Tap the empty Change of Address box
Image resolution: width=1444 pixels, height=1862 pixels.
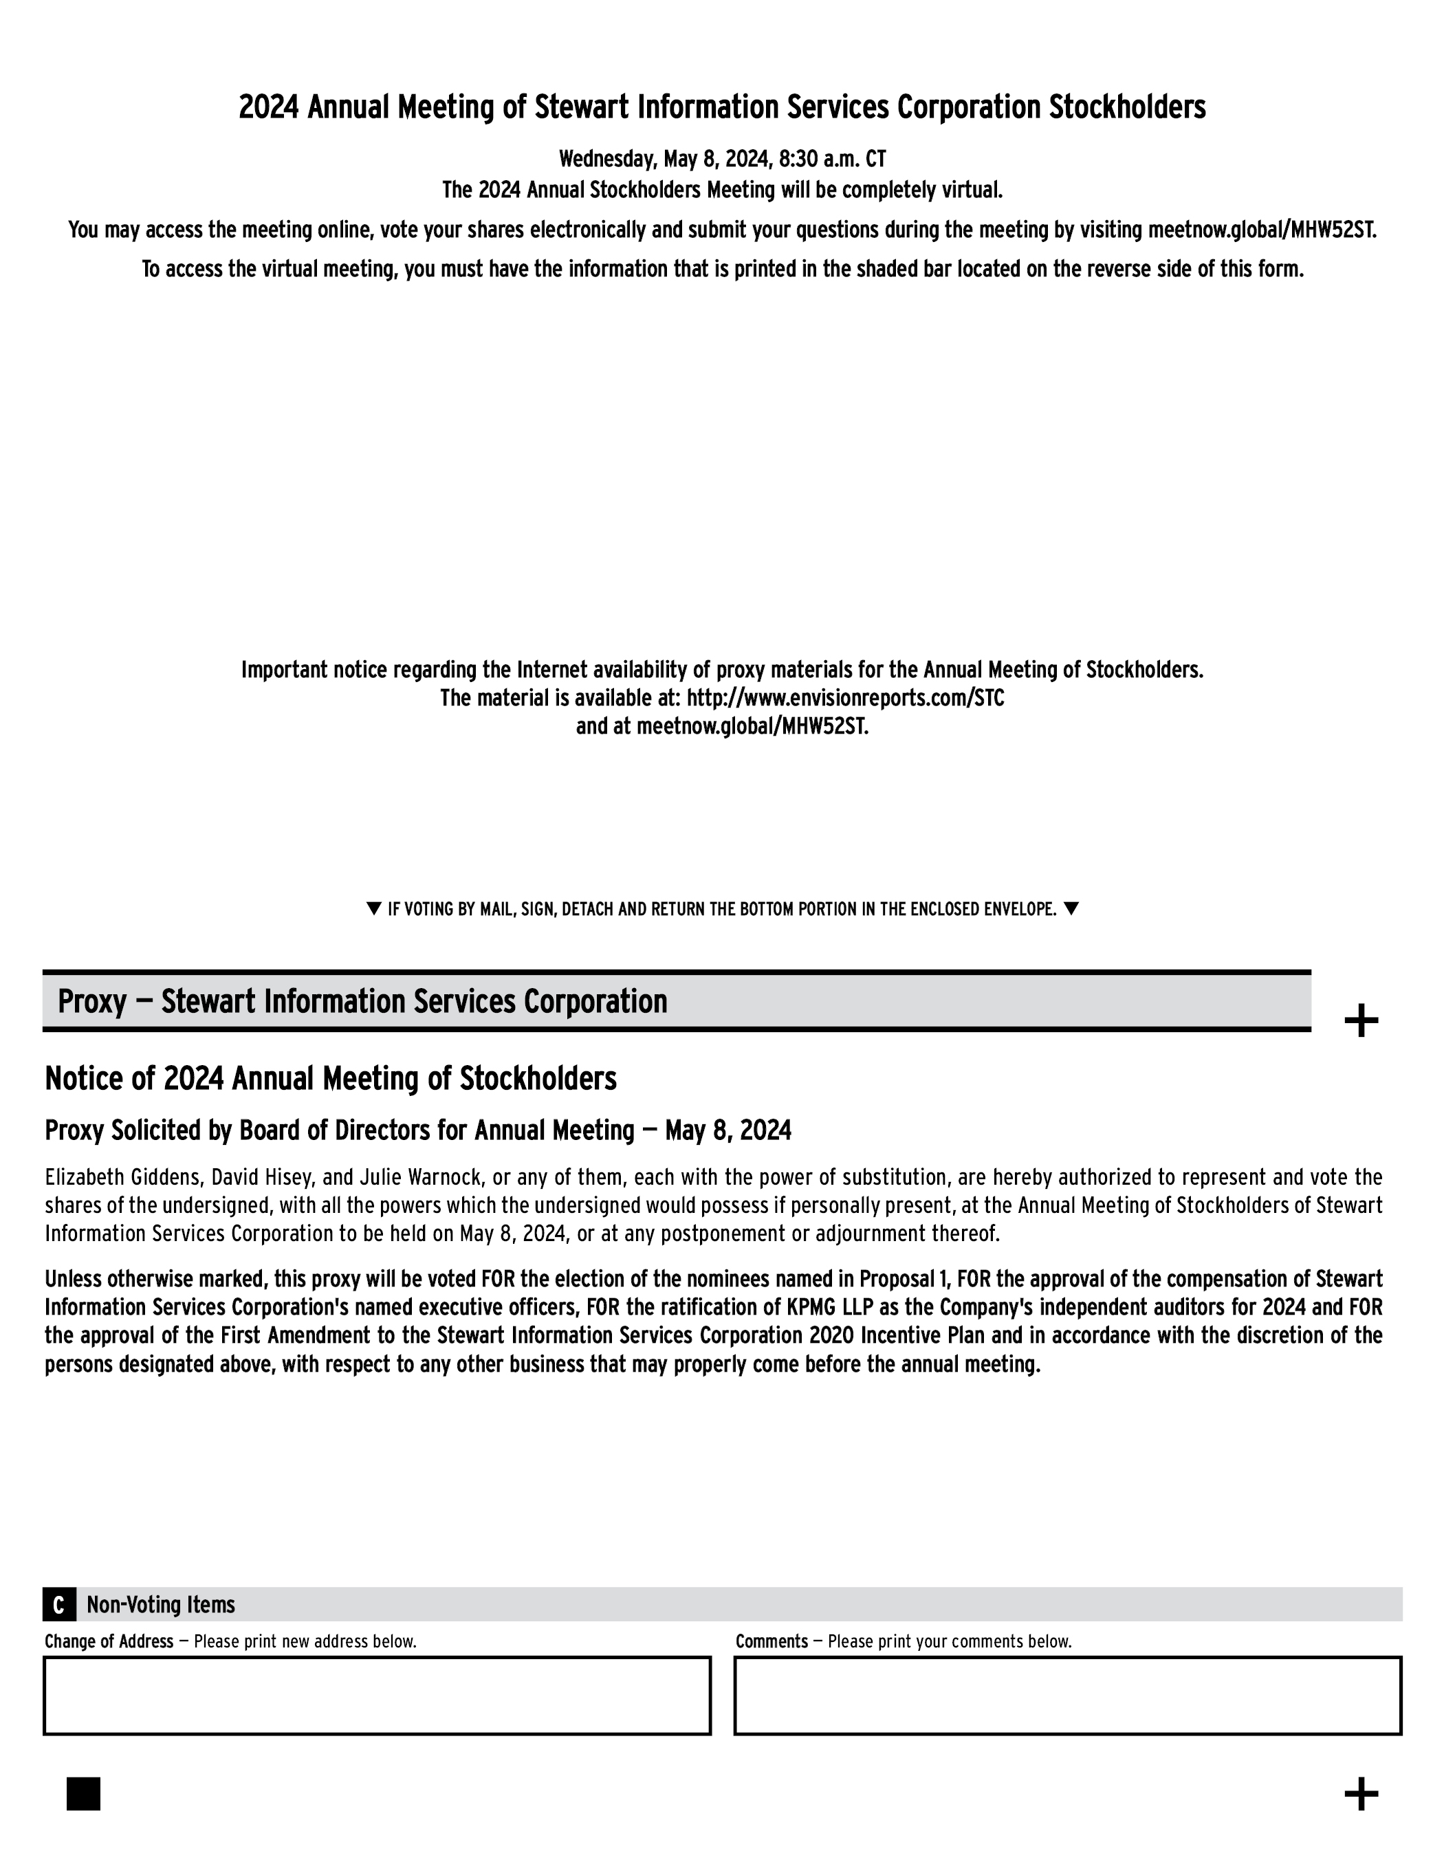tap(377, 1695)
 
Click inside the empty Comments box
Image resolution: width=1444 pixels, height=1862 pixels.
tap(1067, 1695)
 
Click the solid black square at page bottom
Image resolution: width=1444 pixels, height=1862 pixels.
tap(83, 1793)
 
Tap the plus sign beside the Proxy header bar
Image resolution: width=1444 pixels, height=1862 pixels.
tap(1361, 1020)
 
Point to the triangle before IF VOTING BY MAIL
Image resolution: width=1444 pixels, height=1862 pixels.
tap(373, 908)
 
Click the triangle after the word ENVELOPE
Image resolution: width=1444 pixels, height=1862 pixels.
tap(1071, 908)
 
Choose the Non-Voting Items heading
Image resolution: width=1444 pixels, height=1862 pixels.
tap(160, 1605)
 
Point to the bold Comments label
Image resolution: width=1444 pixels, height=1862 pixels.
tap(771, 1641)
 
